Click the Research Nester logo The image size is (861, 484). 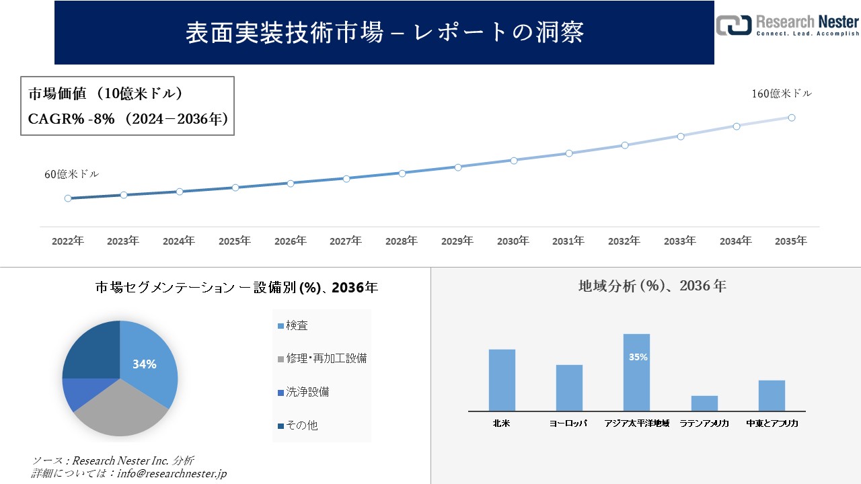(x=787, y=25)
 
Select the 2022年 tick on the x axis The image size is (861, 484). (x=68, y=241)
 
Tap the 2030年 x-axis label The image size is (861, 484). (x=513, y=241)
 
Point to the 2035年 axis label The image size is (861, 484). (x=791, y=241)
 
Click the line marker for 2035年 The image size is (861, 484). (x=792, y=118)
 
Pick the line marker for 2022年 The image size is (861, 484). (x=68, y=198)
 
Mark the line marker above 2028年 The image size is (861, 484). (x=402, y=173)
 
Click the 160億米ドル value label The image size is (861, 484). (x=782, y=94)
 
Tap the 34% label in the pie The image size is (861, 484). (x=144, y=364)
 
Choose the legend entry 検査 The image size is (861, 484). (x=297, y=326)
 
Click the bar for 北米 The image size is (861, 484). (x=502, y=380)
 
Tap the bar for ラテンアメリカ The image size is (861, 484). (x=704, y=403)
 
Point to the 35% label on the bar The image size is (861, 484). (x=638, y=358)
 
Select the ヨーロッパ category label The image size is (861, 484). (x=568, y=424)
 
